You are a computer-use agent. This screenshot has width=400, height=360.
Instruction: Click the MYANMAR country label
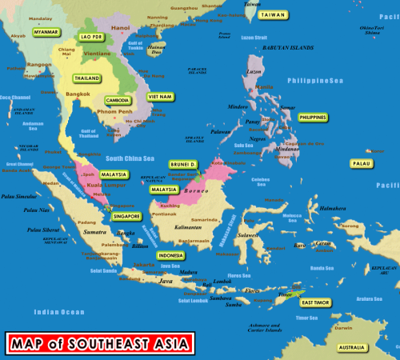point(46,32)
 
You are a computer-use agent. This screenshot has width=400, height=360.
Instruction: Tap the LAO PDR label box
point(92,37)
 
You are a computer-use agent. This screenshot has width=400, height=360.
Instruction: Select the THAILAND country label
point(86,78)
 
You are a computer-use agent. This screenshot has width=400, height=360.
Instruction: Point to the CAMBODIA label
point(118,100)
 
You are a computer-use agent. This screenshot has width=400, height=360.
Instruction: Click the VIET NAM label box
point(160,96)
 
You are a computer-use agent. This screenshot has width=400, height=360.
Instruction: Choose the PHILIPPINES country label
point(312,117)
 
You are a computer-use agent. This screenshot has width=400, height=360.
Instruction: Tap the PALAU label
point(362,163)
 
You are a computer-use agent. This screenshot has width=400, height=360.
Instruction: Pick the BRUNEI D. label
point(182,163)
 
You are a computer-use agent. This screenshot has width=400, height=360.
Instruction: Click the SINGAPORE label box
point(126,216)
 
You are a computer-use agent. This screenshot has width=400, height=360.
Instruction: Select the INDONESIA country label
point(171,255)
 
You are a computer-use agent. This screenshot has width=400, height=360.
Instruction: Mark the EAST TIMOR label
point(316,302)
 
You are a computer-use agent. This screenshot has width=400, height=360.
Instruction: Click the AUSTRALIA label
point(351,347)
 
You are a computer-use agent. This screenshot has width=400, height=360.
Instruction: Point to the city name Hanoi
point(120,27)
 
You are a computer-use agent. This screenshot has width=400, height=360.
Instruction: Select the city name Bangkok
point(78,94)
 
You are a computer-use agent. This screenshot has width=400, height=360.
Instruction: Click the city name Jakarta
point(144,264)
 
